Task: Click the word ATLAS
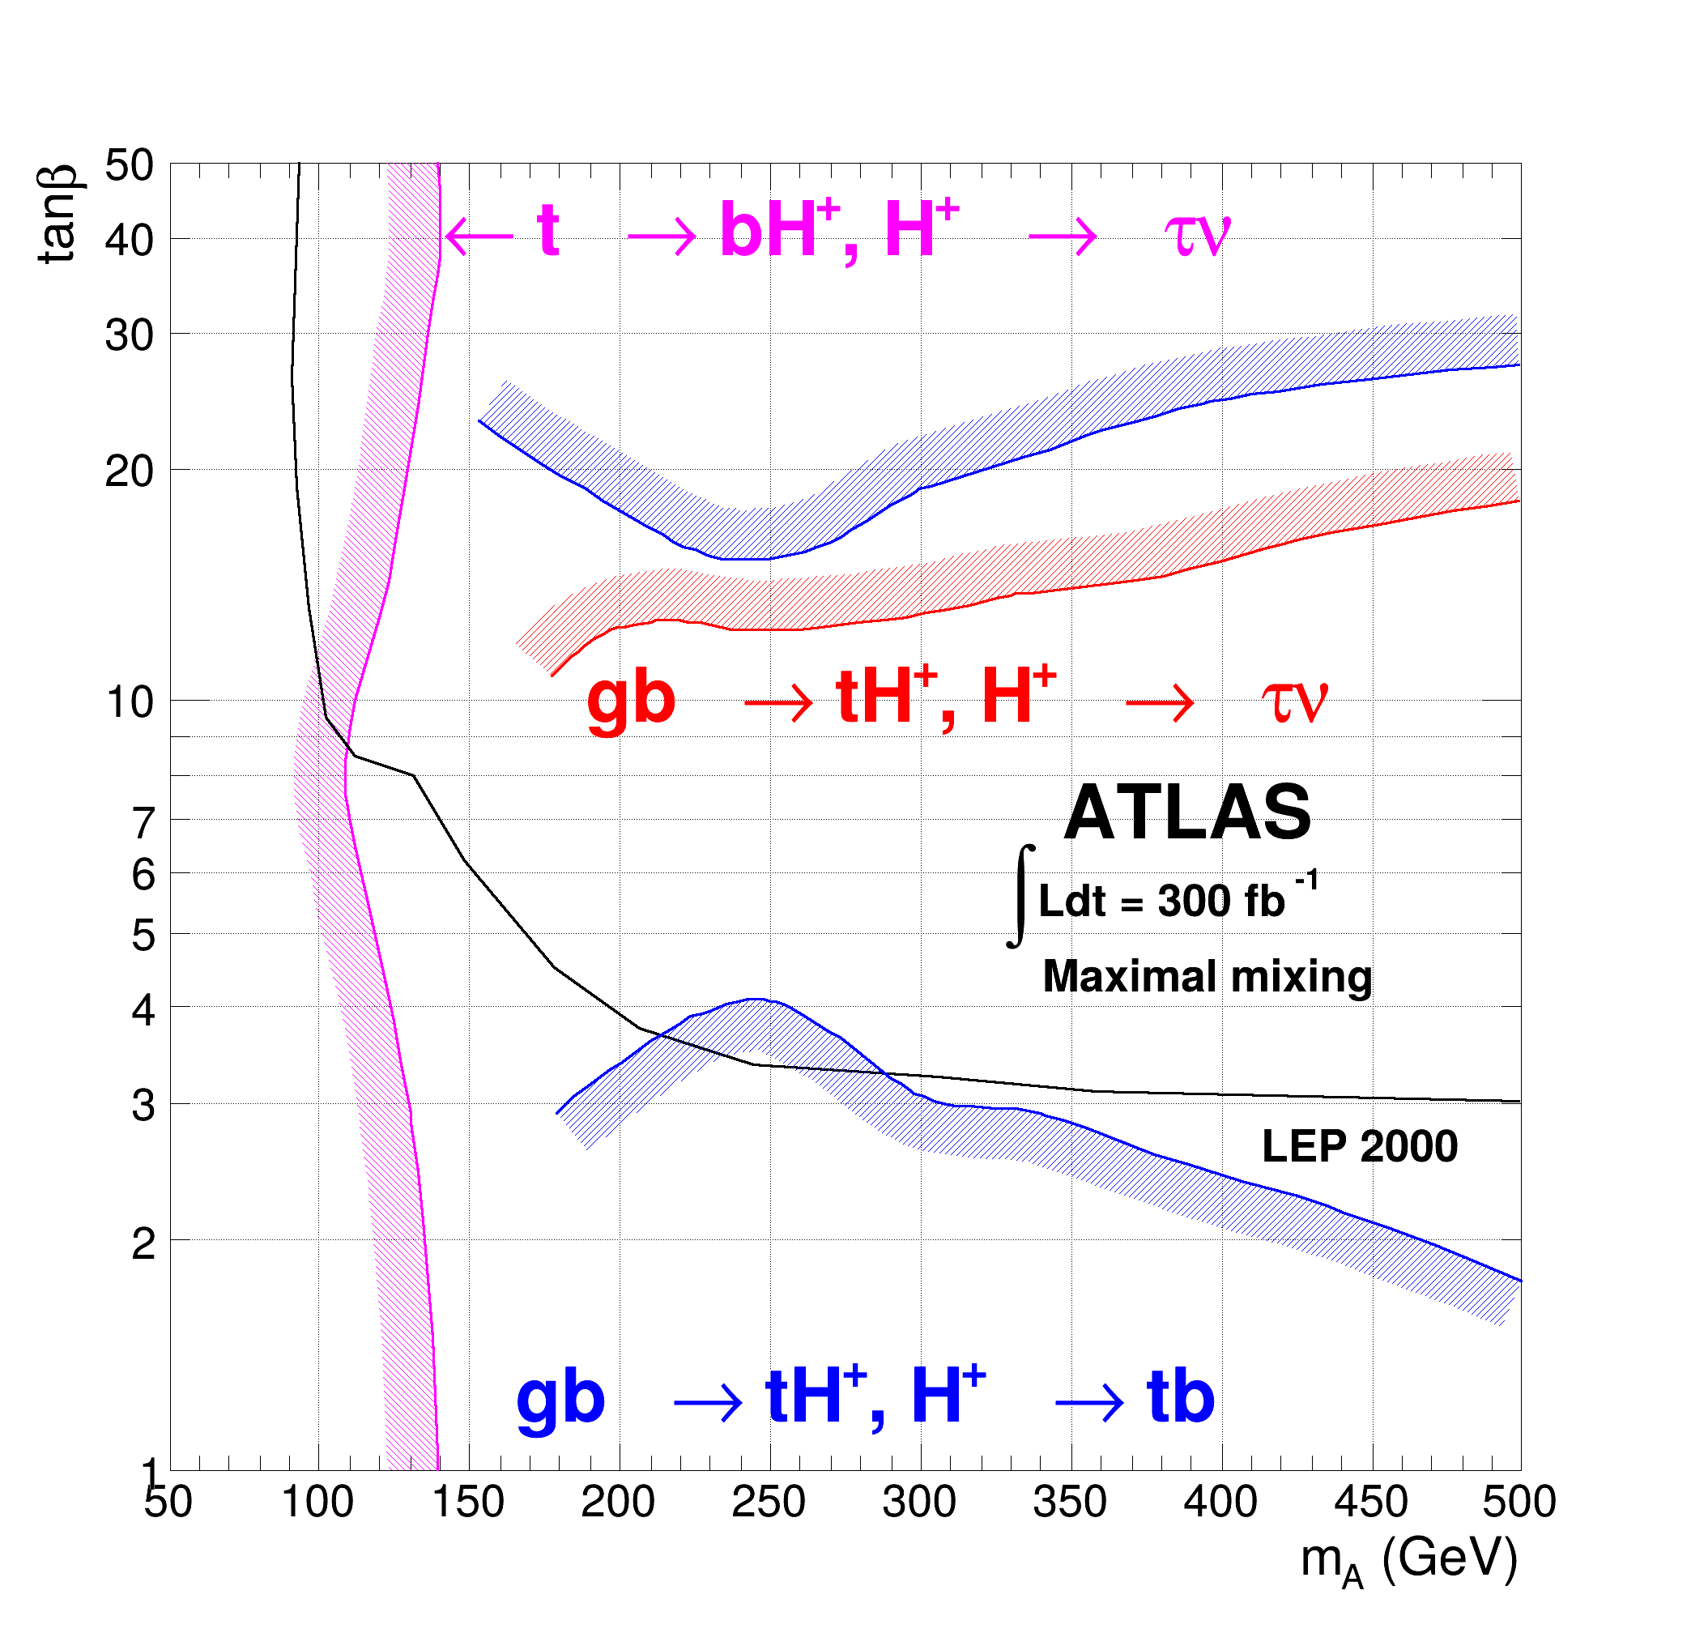coord(1187,813)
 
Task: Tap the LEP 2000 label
coord(1359,1147)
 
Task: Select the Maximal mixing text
coord(1206,977)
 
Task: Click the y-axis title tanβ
coord(58,213)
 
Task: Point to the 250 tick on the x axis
coord(768,1503)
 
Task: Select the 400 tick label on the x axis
coord(1220,1503)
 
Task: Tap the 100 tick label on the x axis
coord(317,1503)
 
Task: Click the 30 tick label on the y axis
coord(130,335)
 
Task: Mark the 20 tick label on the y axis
coord(130,471)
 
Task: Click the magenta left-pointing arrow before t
coord(479,234)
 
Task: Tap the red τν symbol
coord(1294,700)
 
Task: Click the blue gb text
coord(560,1398)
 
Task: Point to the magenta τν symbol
coord(1197,233)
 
